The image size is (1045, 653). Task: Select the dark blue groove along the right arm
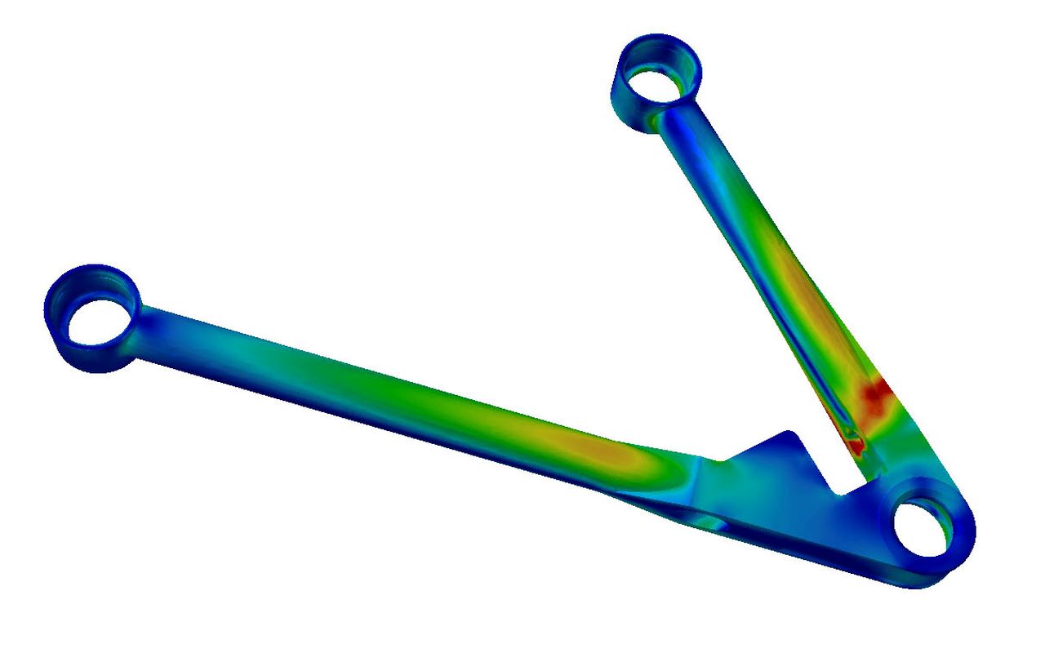pyautogui.click(x=784, y=326)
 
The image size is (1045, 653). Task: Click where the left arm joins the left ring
pyautogui.click(x=147, y=322)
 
